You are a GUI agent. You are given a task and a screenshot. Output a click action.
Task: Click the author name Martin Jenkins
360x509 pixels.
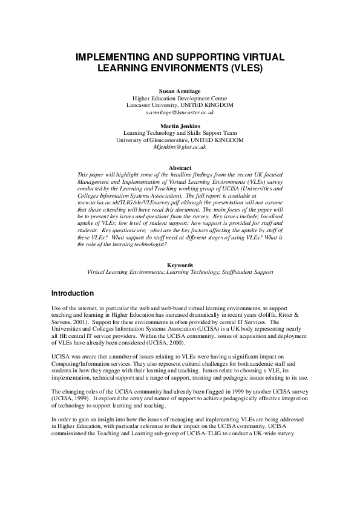click(x=180, y=126)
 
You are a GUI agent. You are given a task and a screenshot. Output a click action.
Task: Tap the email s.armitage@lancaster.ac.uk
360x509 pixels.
click(x=180, y=112)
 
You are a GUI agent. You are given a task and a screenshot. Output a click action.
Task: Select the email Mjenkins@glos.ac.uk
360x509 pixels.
click(x=180, y=147)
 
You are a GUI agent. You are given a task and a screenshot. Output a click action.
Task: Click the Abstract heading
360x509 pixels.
click(x=180, y=167)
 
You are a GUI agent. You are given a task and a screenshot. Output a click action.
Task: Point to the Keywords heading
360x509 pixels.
click(x=180, y=265)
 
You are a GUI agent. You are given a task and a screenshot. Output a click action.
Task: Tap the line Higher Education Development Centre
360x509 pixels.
click(x=180, y=98)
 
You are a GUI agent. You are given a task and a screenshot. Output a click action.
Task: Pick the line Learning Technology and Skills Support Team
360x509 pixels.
click(x=180, y=133)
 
